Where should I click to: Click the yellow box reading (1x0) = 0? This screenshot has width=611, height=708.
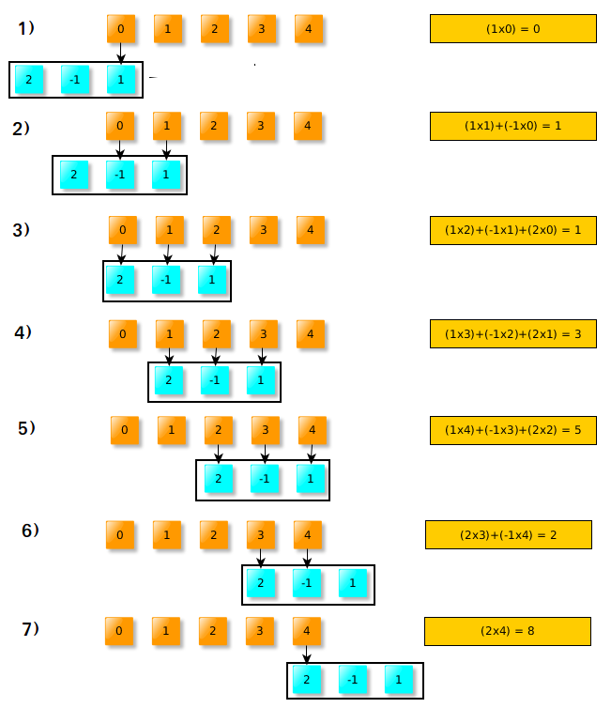(x=512, y=29)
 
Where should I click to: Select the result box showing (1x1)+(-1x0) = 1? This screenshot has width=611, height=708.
(x=512, y=126)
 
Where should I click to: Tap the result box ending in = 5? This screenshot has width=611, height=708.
(x=512, y=431)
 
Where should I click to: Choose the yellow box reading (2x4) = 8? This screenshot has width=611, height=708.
(x=507, y=631)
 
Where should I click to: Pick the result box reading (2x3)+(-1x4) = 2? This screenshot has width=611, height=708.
(x=508, y=535)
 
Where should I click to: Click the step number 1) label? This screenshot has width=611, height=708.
(x=26, y=29)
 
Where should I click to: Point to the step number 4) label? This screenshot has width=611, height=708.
(x=23, y=332)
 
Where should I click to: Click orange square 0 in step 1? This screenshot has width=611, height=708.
(x=121, y=30)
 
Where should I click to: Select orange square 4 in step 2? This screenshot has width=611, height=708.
(x=307, y=126)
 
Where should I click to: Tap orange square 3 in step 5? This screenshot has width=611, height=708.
(x=266, y=431)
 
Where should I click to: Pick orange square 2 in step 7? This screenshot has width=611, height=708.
(x=212, y=631)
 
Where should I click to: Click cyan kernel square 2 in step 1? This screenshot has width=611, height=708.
(x=29, y=80)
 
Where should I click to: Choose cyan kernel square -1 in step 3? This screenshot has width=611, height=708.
(x=166, y=280)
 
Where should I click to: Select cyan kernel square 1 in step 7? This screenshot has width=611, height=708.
(x=398, y=679)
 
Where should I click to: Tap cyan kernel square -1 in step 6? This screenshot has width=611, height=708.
(x=307, y=583)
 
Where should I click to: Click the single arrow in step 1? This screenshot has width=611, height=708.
(x=121, y=54)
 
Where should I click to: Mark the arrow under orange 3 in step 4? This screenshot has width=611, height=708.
(x=262, y=356)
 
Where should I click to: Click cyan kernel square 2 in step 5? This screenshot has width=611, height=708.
(x=219, y=479)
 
